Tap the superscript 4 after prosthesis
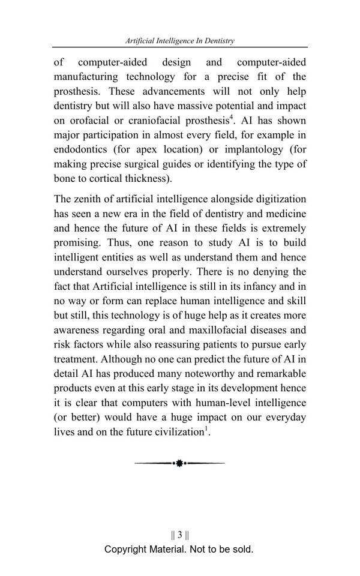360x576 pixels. (232, 117)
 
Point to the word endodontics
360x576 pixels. (82, 149)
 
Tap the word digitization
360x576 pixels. (277, 199)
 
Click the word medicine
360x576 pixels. (285, 214)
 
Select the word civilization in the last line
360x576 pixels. (176, 432)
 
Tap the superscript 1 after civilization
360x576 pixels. (206, 428)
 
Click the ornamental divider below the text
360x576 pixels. (179, 463)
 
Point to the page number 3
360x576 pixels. (179, 535)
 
